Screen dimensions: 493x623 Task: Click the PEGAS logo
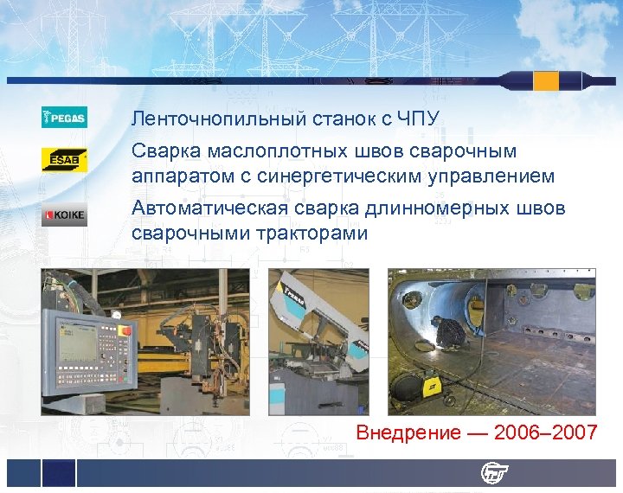tap(64, 117)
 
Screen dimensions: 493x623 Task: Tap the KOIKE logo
tap(64, 214)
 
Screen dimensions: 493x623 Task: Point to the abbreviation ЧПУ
tap(424, 117)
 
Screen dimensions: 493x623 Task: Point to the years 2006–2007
tap(545, 432)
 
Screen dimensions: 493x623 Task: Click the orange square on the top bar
tap(546, 81)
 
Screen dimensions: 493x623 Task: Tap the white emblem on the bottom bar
tap(495, 472)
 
